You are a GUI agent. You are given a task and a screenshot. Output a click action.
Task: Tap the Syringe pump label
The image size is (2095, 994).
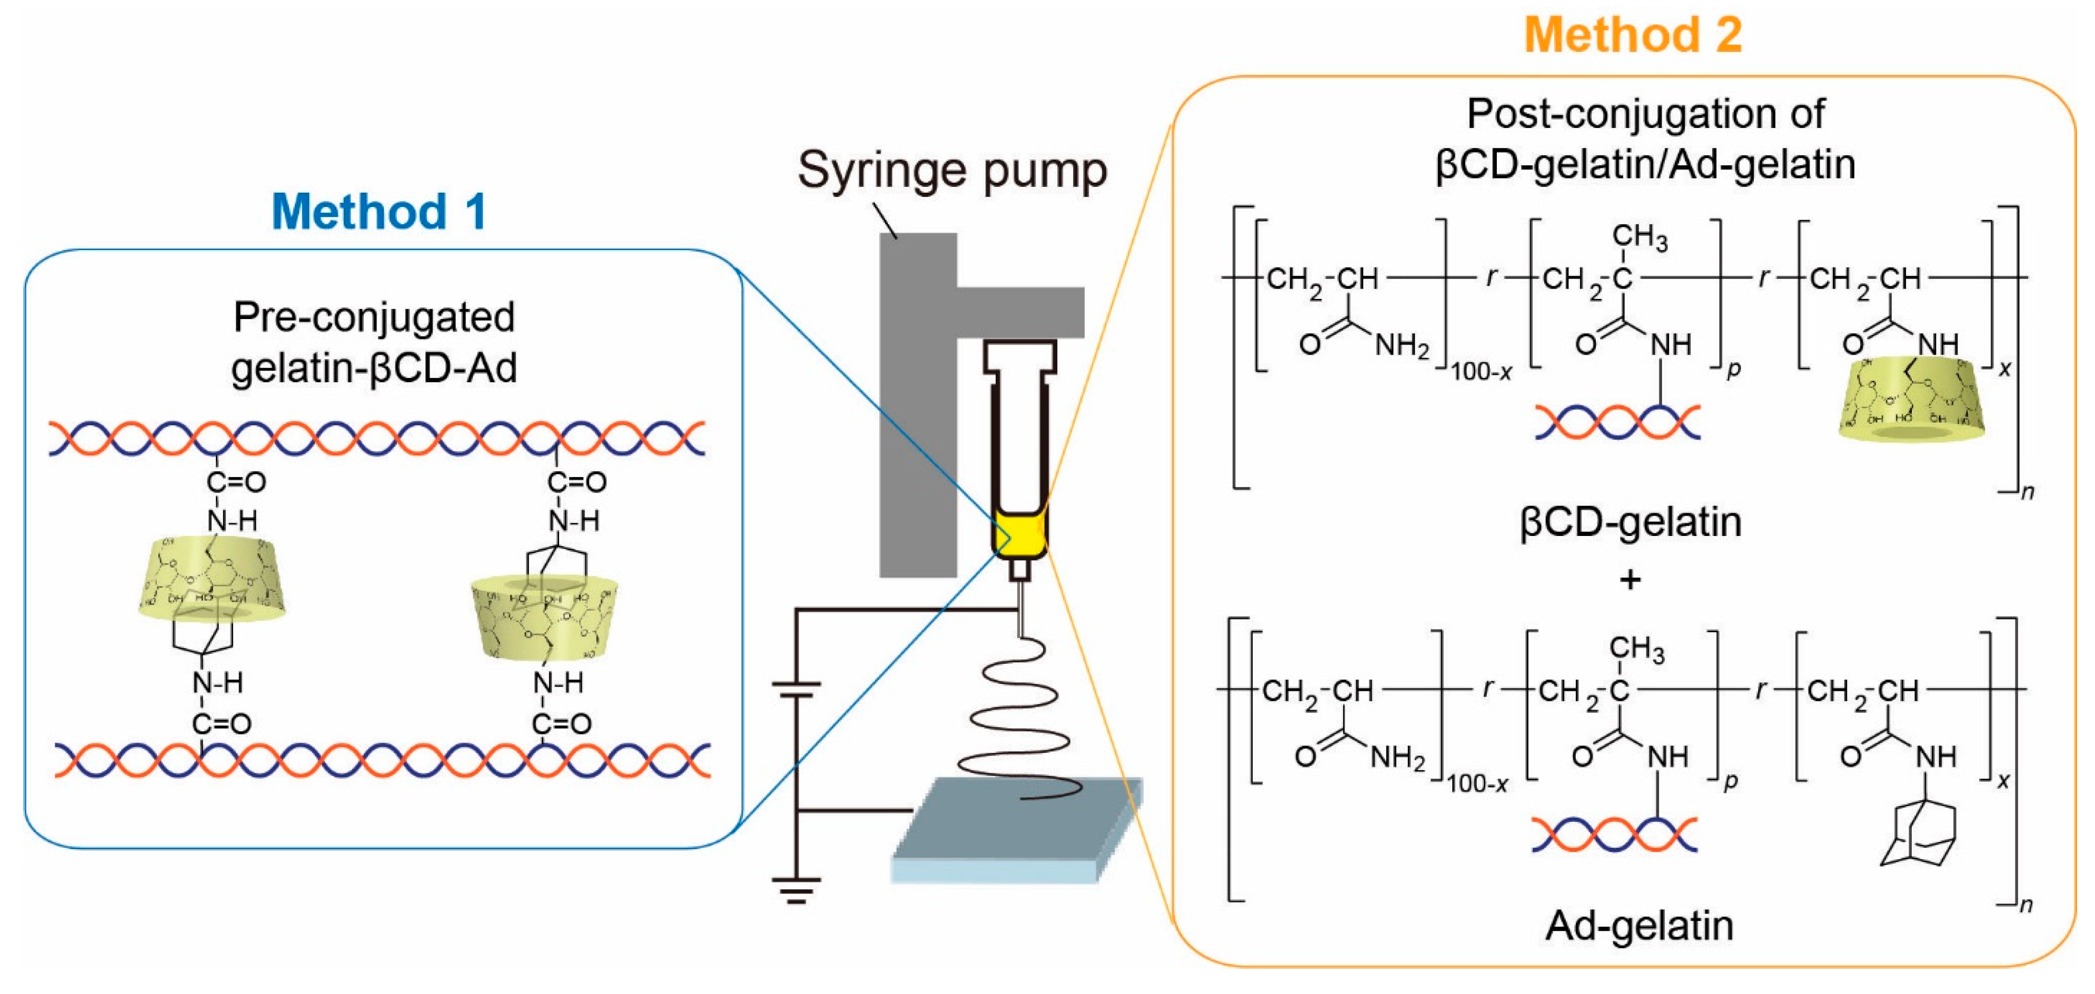(x=951, y=171)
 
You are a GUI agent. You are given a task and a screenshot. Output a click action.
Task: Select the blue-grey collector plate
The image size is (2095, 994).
(x=1017, y=830)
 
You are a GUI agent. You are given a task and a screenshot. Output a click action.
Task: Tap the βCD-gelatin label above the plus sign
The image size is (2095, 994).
(x=1631, y=522)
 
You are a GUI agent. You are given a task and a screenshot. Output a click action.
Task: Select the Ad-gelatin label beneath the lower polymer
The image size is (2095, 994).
(x=1639, y=926)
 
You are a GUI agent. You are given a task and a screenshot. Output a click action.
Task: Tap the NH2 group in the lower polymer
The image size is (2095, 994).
(x=1397, y=758)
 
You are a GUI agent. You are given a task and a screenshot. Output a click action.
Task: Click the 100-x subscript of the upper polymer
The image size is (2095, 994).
(x=1481, y=373)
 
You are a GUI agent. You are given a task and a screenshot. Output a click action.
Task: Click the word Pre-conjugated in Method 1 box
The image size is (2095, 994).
(x=374, y=317)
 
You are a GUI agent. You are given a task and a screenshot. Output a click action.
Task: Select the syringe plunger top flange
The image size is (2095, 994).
(x=1020, y=351)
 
